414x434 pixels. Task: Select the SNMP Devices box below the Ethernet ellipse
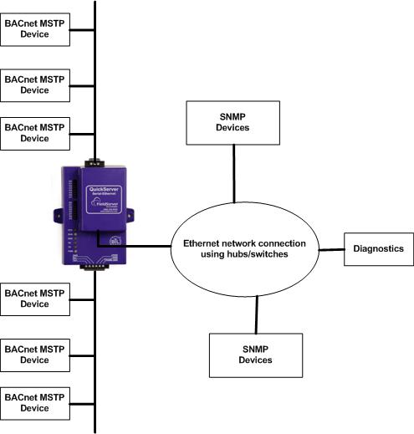click(255, 354)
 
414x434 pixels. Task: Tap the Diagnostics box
click(378, 248)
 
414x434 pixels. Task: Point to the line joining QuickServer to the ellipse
click(142, 247)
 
